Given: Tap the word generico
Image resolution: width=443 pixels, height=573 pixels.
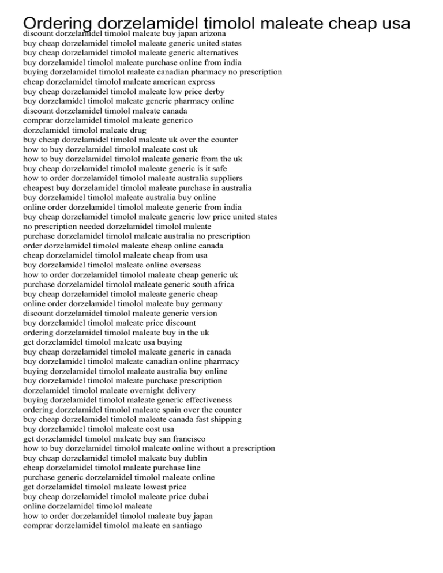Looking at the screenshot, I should coord(173,120).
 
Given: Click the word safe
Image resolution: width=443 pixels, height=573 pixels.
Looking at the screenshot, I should coord(220,169).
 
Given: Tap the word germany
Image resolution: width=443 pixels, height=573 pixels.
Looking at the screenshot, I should coord(206,304).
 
